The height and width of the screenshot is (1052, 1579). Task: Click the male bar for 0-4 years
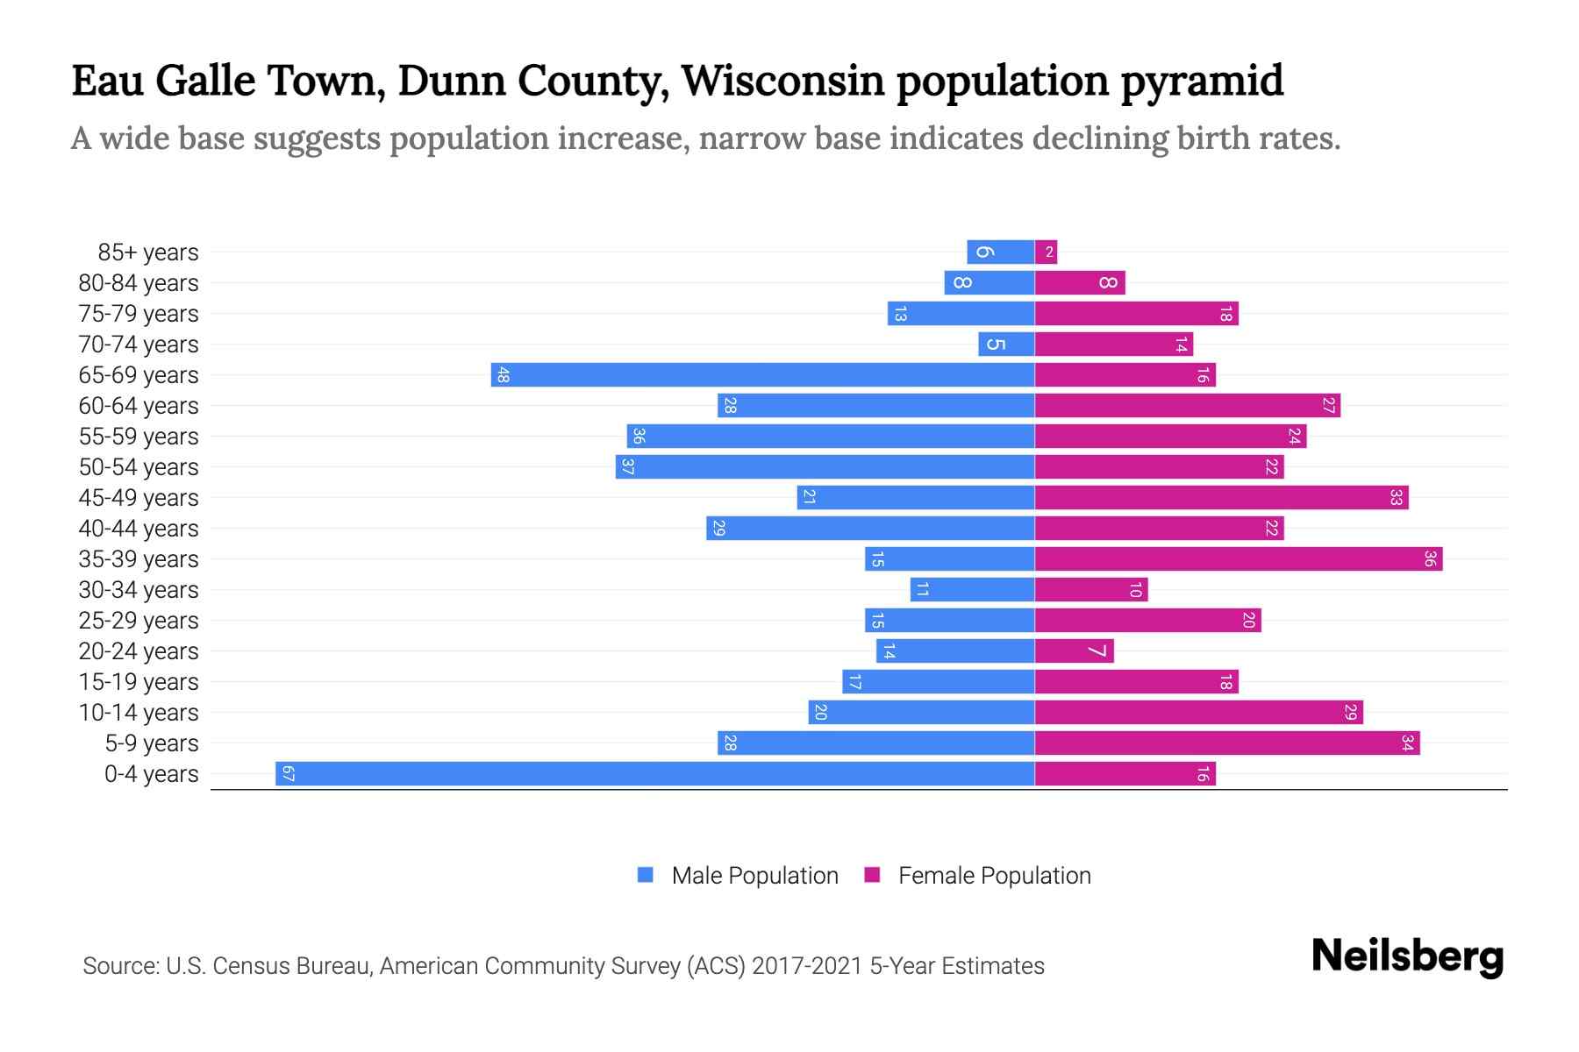(654, 774)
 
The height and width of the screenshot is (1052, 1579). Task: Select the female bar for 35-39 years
(1238, 559)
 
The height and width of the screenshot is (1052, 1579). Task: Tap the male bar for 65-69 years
(762, 375)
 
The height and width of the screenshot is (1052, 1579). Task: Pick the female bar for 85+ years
(1046, 252)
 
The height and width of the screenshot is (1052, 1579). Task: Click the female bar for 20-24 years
(1074, 651)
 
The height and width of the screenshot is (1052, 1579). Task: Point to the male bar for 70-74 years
(1006, 345)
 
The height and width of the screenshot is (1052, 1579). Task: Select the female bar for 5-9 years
(1226, 743)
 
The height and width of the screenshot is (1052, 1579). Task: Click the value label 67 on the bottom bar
(288, 774)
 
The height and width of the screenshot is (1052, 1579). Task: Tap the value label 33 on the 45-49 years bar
(1396, 498)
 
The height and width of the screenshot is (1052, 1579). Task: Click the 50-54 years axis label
(139, 467)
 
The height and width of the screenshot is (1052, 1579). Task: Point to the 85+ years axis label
(147, 252)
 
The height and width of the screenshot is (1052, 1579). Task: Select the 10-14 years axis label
(139, 713)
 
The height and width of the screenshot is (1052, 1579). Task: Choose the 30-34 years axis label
(139, 590)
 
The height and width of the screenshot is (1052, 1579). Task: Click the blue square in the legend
(646, 875)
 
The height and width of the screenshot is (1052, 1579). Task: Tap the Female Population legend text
(994, 875)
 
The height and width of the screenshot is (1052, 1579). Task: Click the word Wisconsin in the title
(782, 81)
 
